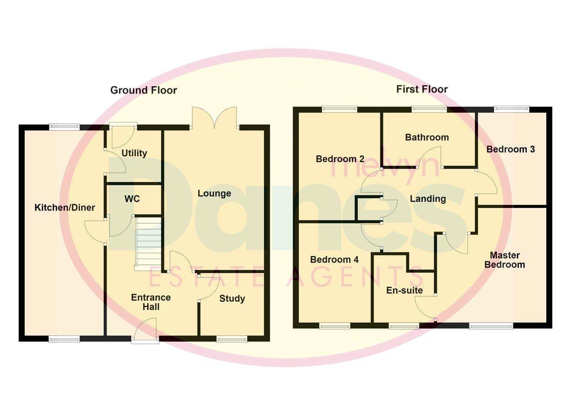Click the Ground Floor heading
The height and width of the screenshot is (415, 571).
click(143, 90)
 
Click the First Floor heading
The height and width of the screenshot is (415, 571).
click(422, 89)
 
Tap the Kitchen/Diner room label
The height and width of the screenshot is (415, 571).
click(65, 207)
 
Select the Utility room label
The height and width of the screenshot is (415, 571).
click(134, 153)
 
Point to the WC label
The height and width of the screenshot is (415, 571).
click(132, 199)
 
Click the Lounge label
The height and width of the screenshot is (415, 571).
click(214, 193)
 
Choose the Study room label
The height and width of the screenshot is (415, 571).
click(232, 299)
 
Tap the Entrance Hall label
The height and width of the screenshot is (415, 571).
click(151, 302)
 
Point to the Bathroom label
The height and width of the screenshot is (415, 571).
click(427, 137)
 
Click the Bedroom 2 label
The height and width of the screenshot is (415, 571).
click(340, 159)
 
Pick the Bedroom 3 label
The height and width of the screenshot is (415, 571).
click(510, 149)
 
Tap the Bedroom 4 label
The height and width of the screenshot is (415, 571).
click(334, 259)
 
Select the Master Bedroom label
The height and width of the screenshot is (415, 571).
click(504, 260)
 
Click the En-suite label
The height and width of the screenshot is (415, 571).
click(404, 290)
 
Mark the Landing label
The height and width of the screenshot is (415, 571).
click(428, 199)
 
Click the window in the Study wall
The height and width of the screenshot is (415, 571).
click(231, 339)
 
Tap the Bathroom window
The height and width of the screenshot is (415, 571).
click(429, 110)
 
